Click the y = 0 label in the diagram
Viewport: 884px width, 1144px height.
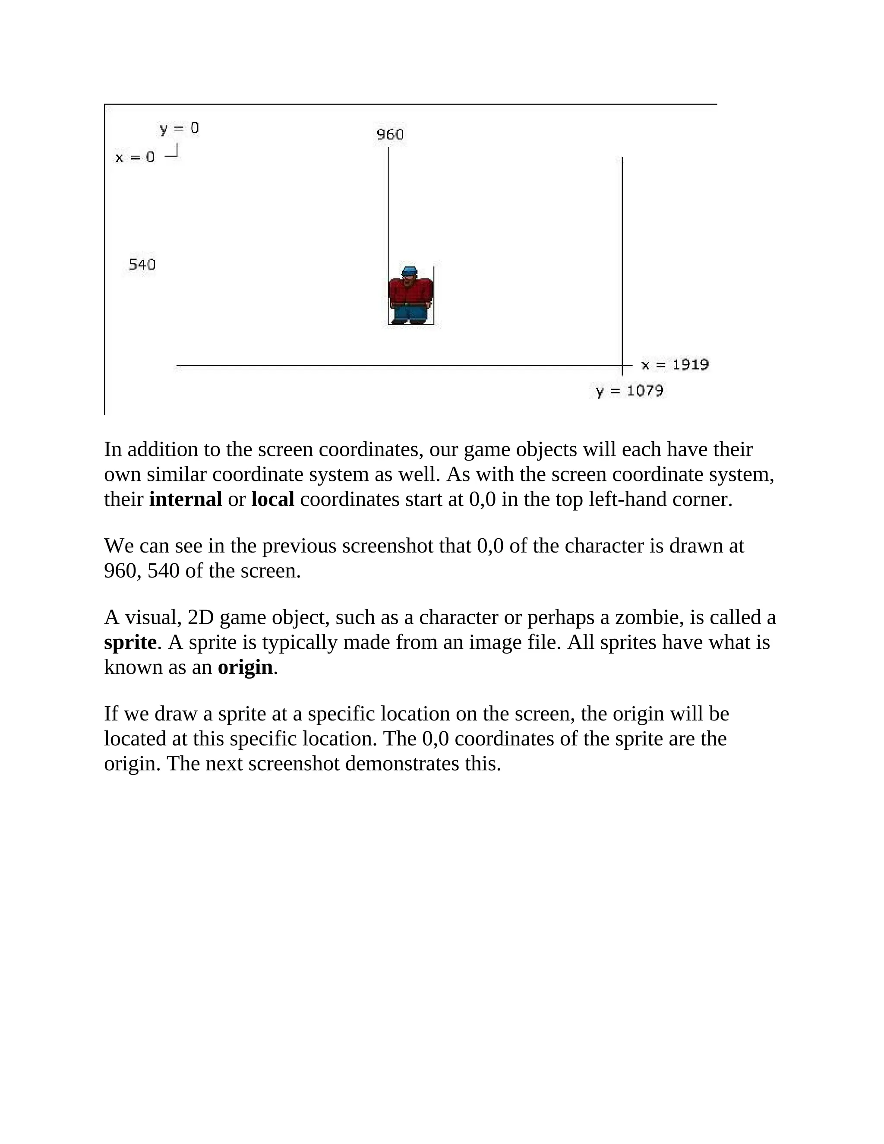tap(179, 128)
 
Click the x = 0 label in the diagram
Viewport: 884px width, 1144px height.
tap(135, 157)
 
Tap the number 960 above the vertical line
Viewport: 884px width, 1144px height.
tap(390, 135)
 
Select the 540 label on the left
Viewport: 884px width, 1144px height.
tap(142, 265)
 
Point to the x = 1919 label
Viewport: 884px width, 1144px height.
tap(675, 365)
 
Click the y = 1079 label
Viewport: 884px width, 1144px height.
tap(629, 391)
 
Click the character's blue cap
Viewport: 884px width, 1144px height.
tap(409, 272)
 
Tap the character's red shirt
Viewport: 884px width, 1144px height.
tap(410, 292)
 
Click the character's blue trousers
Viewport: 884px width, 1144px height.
tap(410, 314)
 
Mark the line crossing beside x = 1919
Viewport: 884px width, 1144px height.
tap(622, 365)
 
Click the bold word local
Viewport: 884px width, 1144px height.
tap(272, 499)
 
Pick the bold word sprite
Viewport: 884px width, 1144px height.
tap(130, 642)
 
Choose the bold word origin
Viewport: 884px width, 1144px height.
tap(245, 667)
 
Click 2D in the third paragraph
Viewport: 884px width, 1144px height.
tap(201, 618)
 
